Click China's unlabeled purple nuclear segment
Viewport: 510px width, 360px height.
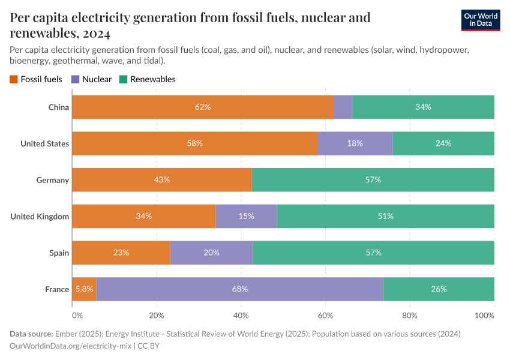343,107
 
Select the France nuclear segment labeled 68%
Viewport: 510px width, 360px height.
240,289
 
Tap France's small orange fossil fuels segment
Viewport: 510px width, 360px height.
84,289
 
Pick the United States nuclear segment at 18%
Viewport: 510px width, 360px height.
355,143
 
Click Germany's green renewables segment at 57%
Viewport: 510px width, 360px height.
373,180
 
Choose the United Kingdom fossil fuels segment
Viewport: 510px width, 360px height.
143,216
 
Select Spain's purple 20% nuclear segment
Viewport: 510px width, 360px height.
211,253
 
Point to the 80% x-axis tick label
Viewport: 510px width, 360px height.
410,315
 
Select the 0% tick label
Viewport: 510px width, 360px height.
77,315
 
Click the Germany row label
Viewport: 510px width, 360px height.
53,180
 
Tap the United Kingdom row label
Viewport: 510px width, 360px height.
40,216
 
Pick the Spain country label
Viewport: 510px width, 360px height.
59,253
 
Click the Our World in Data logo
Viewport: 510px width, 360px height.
480,20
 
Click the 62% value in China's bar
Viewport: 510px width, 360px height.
203,107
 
